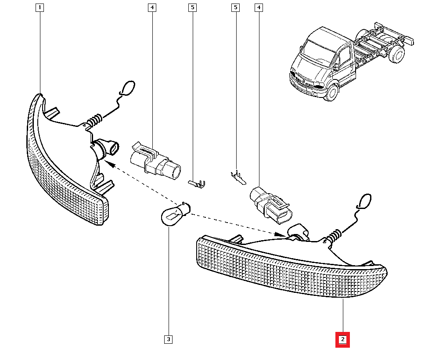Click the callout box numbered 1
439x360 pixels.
pos(40,7)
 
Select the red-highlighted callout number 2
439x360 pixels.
pos(342,339)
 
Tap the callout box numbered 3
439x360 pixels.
pos(168,339)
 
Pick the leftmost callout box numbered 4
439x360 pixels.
pos(152,7)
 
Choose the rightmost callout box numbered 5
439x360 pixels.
pos(236,7)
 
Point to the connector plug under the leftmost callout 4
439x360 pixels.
pos(155,162)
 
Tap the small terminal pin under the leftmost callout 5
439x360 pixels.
pos(197,184)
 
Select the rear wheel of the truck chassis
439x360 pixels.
pos(396,54)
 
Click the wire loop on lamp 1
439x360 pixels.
pos(127,88)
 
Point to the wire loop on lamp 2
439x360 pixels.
pos(363,202)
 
